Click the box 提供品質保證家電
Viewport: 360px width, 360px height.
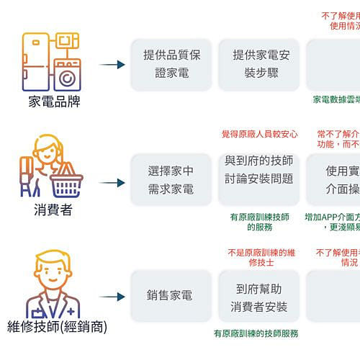[171, 64]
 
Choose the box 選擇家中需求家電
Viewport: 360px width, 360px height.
[171, 180]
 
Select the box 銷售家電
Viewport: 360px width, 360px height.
[171, 296]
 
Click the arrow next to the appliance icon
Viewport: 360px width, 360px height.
[112, 65]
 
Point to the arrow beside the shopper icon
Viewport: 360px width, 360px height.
[112, 182]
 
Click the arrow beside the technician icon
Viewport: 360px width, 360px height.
[112, 297]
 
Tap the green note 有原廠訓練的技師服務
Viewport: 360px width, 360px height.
[256, 334]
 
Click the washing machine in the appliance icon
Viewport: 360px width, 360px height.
[67, 75]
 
